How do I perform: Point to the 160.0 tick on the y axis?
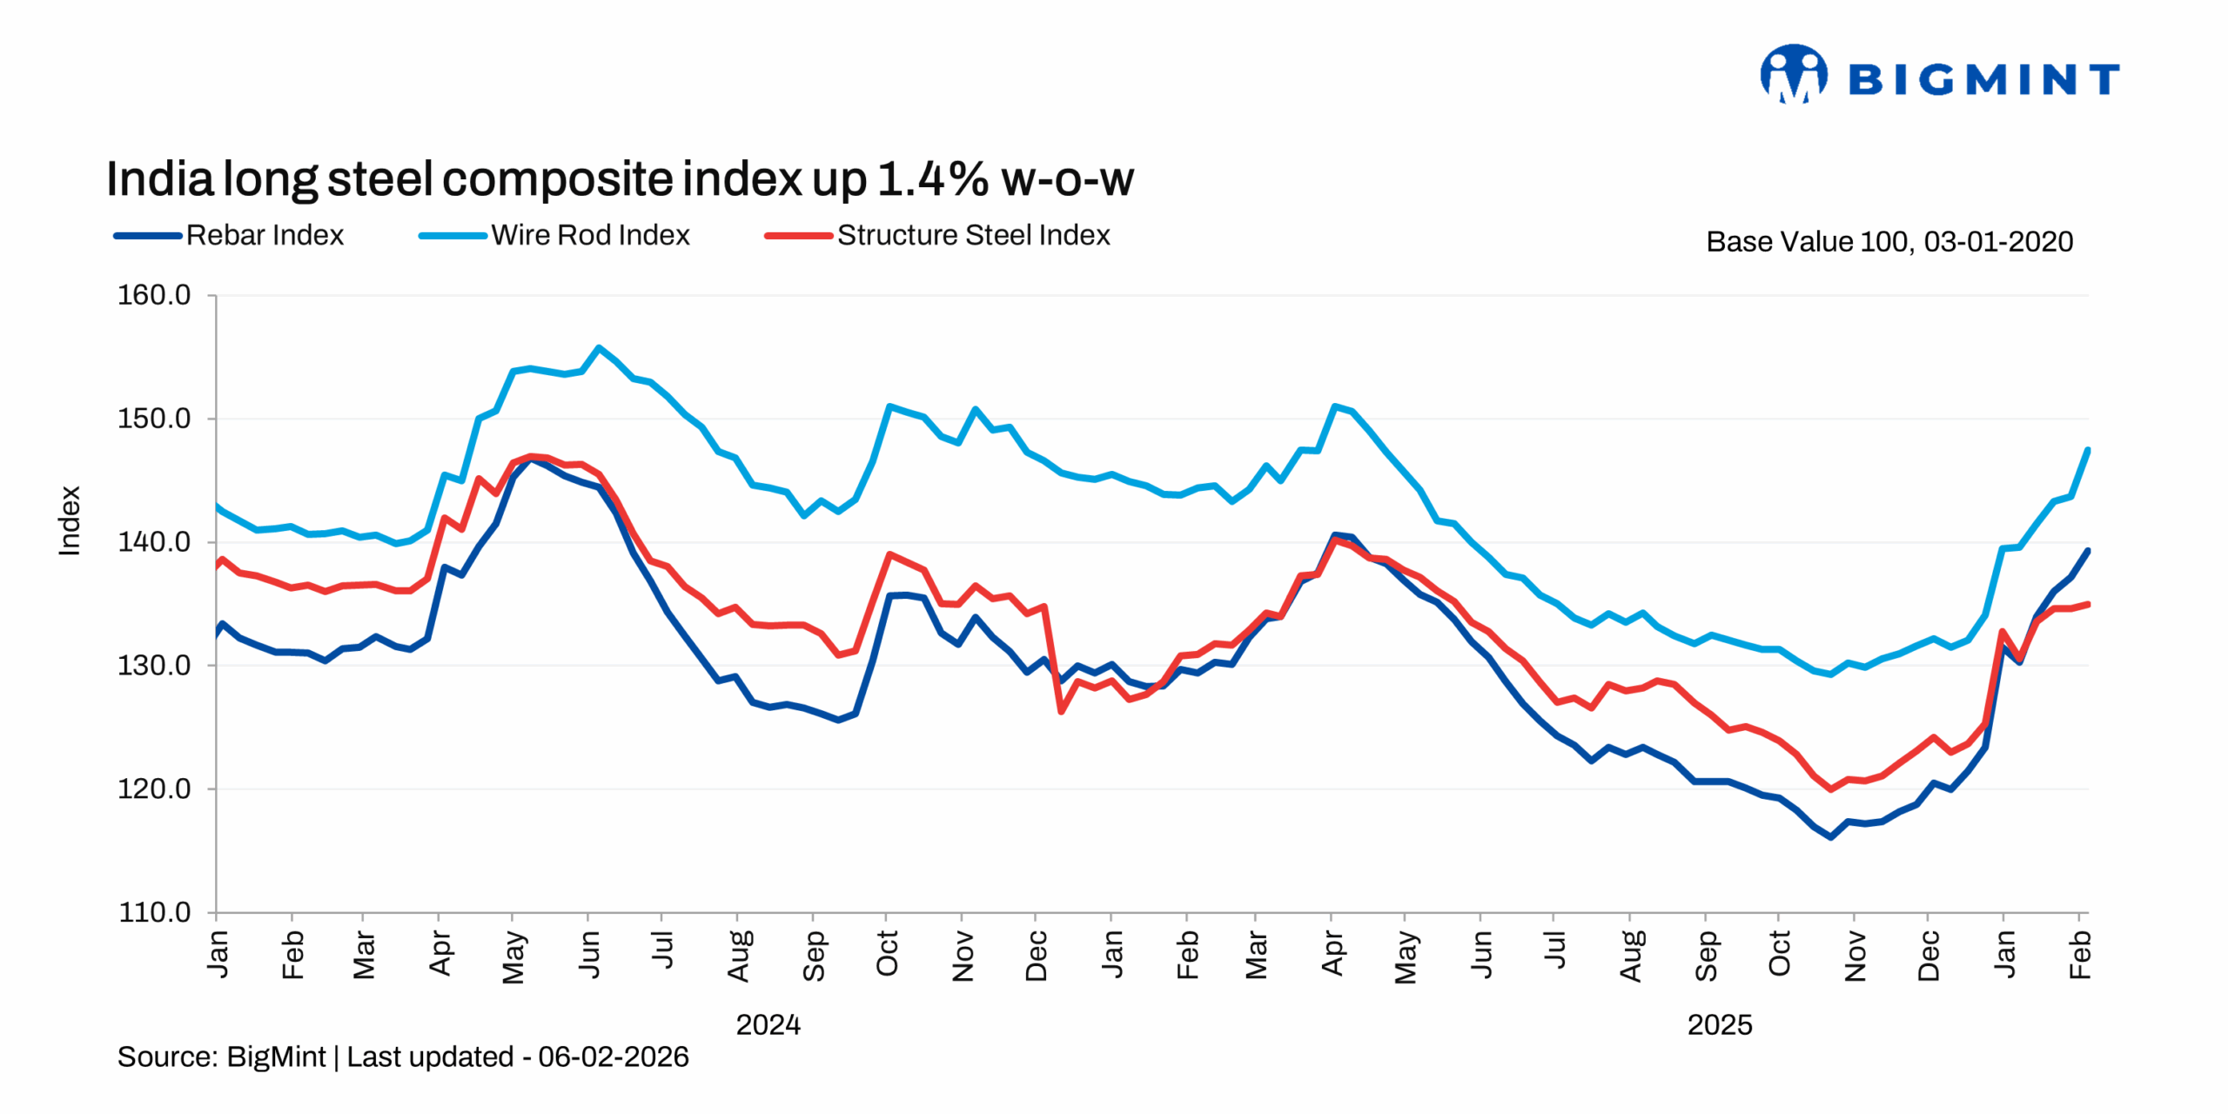pyautogui.click(x=154, y=296)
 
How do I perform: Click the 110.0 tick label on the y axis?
pyautogui.click(x=154, y=913)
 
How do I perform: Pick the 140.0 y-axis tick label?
pyautogui.click(x=154, y=542)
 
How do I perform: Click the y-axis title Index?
pyautogui.click(x=70, y=520)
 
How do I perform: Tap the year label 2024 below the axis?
pyautogui.click(x=768, y=1025)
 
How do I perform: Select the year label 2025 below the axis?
pyautogui.click(x=1719, y=1025)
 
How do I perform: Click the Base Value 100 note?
pyautogui.click(x=1889, y=242)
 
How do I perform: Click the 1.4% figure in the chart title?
pyautogui.click(x=932, y=180)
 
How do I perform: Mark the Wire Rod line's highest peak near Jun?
pyautogui.click(x=599, y=348)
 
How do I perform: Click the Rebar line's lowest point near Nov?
pyautogui.click(x=1831, y=837)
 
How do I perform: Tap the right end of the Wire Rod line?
pyautogui.click(x=2087, y=450)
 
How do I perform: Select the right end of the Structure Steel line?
pyautogui.click(x=2087, y=604)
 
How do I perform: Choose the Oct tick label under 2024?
pyautogui.click(x=887, y=954)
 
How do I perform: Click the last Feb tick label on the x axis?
pyautogui.click(x=2080, y=956)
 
